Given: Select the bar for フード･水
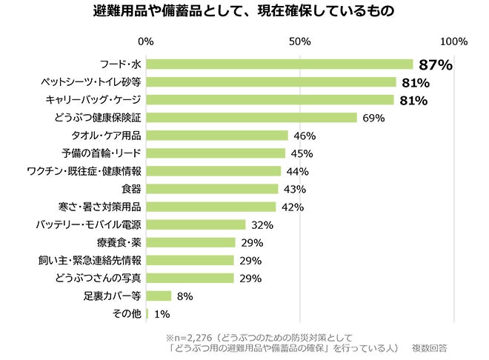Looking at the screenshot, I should click(x=279, y=64).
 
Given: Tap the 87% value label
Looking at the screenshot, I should click(x=435, y=65).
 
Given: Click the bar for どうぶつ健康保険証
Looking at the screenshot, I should click(x=252, y=118).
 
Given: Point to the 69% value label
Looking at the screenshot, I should click(x=374, y=119).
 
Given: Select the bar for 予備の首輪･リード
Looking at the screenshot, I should click(x=216, y=153).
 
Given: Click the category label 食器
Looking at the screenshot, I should click(x=131, y=189).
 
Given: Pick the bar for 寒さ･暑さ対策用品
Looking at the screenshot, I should click(x=211, y=207).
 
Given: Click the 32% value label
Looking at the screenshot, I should click(x=262, y=225).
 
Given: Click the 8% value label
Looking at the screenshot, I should click(x=184, y=296).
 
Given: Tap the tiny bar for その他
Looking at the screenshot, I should click(x=147, y=314).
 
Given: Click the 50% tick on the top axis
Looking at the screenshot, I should click(x=299, y=41).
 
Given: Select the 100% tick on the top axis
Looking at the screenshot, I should click(x=453, y=41).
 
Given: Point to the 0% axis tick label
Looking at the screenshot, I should click(x=146, y=41).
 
